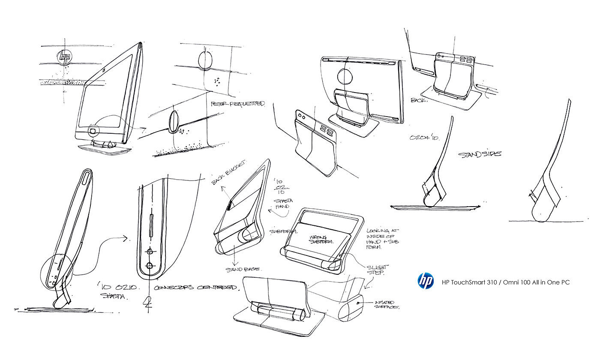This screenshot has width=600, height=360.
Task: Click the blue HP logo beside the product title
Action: (x=426, y=281)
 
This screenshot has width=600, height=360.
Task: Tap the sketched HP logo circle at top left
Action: (x=65, y=57)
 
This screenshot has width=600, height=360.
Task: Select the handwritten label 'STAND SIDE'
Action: (x=480, y=153)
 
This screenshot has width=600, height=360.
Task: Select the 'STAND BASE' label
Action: (x=243, y=270)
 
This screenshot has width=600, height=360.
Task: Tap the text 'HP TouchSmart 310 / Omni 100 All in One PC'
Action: (x=506, y=282)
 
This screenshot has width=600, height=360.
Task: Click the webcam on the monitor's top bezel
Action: (x=105, y=69)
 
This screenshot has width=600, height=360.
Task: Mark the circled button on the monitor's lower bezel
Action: (x=93, y=130)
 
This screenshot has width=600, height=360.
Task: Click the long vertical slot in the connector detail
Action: (x=150, y=227)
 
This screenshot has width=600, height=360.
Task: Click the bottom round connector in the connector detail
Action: (x=149, y=266)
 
